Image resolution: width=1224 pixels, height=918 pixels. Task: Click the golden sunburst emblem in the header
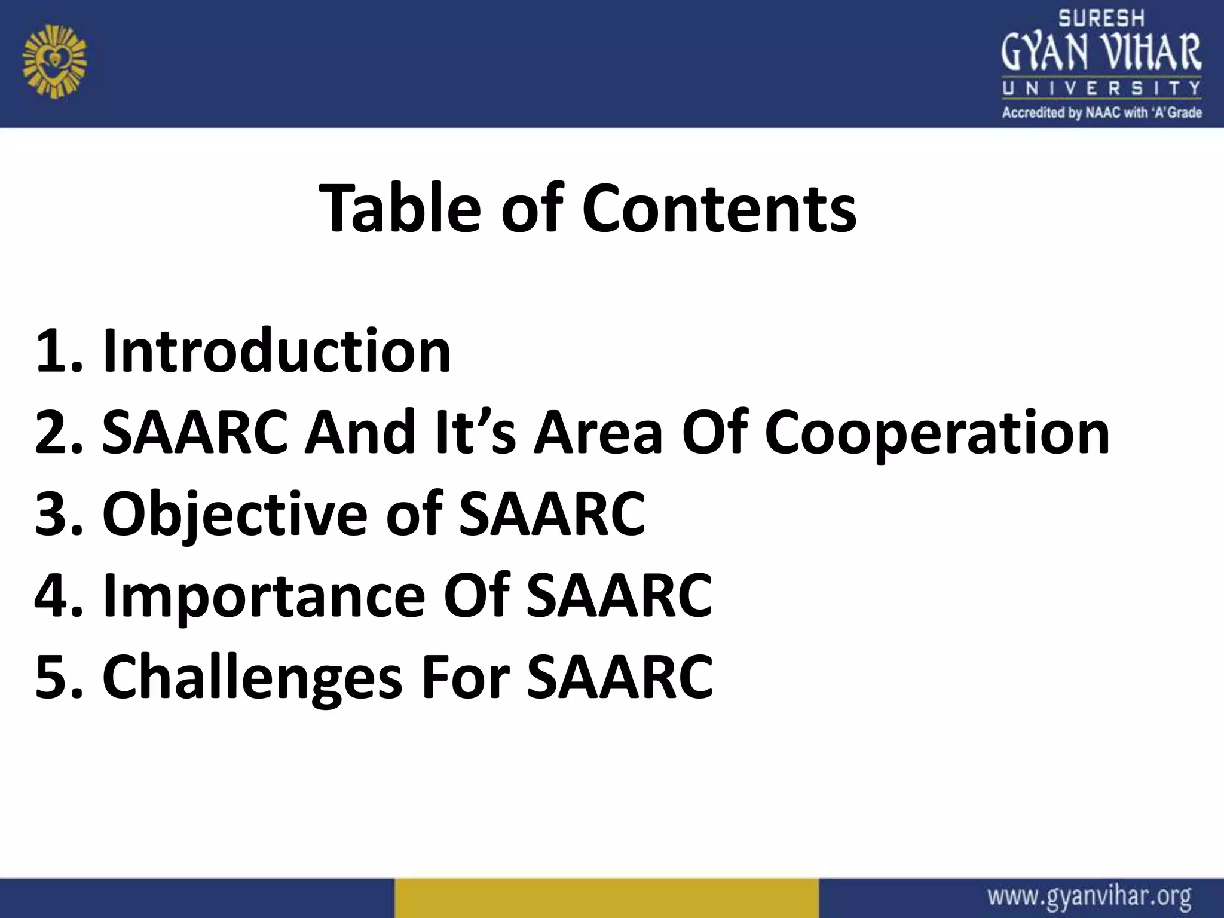pyautogui.click(x=54, y=65)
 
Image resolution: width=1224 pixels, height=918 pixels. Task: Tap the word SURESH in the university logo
pyautogui.click(x=1101, y=19)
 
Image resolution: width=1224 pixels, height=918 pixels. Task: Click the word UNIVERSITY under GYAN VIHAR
pyautogui.click(x=1101, y=89)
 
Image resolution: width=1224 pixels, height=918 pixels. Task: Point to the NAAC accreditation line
pyautogui.click(x=1101, y=112)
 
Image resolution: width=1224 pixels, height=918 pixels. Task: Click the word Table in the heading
pyautogui.click(x=400, y=208)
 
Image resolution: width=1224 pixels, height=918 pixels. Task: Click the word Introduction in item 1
pyautogui.click(x=276, y=351)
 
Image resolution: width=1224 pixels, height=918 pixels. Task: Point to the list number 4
pyautogui.click(x=53, y=596)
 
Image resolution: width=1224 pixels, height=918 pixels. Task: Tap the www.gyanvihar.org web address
pyautogui.click(x=1089, y=898)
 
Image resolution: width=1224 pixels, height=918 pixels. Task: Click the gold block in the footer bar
pyautogui.click(x=606, y=898)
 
